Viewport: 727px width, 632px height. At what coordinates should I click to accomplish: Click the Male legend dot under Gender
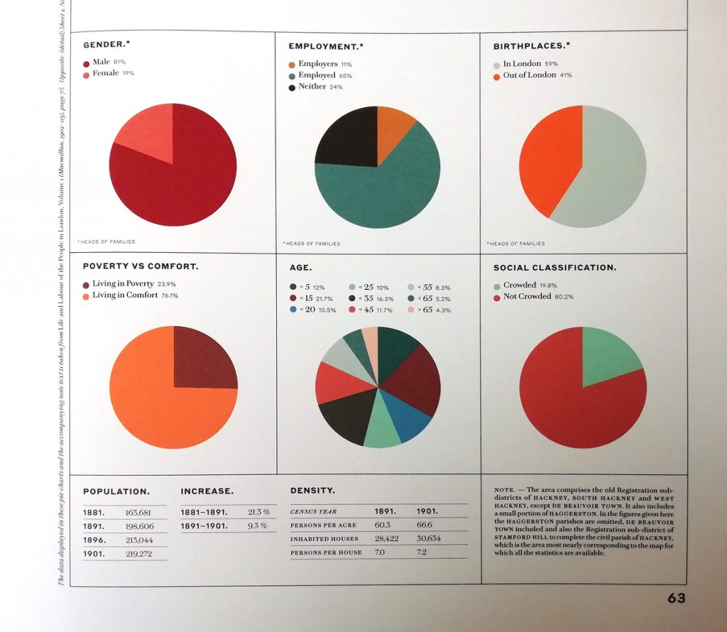(87, 62)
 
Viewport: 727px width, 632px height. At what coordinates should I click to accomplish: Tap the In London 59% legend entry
(525, 64)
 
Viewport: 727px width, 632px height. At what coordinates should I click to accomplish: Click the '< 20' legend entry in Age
(313, 310)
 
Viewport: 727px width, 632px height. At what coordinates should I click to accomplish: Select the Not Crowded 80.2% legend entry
(532, 296)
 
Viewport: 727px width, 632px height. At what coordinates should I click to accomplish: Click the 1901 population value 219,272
(139, 553)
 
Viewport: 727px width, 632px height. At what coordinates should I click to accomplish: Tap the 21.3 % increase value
(258, 511)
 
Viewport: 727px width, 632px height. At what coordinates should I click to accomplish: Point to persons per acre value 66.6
(425, 525)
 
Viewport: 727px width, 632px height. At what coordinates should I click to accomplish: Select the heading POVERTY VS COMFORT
(141, 267)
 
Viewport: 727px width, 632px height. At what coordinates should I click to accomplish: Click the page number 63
(676, 599)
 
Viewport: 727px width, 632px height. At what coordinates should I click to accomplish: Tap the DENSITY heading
(312, 491)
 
